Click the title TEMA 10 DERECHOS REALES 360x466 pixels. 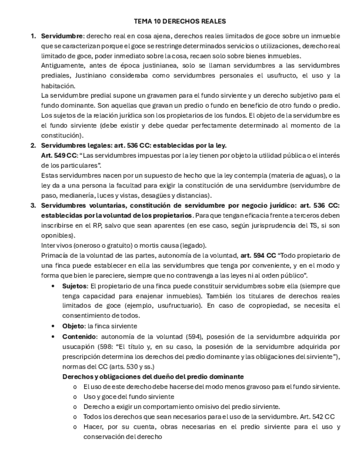(x=180, y=21)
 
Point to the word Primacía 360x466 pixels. (x=54, y=256)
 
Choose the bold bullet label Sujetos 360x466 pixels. (x=74, y=286)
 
